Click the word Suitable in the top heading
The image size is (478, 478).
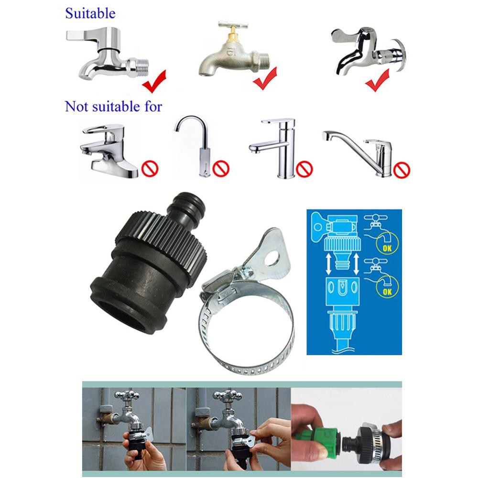pyautogui.click(x=90, y=13)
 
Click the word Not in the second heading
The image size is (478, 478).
pyautogui.click(x=76, y=107)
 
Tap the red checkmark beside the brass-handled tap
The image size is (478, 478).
pyautogui.click(x=265, y=78)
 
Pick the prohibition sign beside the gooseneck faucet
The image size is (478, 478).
pyautogui.click(x=221, y=168)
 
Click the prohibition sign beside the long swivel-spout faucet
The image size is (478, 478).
pyautogui.click(x=402, y=170)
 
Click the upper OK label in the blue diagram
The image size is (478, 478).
pyautogui.click(x=387, y=248)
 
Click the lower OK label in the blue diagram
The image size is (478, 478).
pyautogui.click(x=387, y=292)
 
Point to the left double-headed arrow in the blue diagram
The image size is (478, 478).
pyautogui.click(x=329, y=264)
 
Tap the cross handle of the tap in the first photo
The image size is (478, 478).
pyautogui.click(x=127, y=395)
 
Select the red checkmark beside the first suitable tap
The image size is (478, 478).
pyautogui.click(x=154, y=81)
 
